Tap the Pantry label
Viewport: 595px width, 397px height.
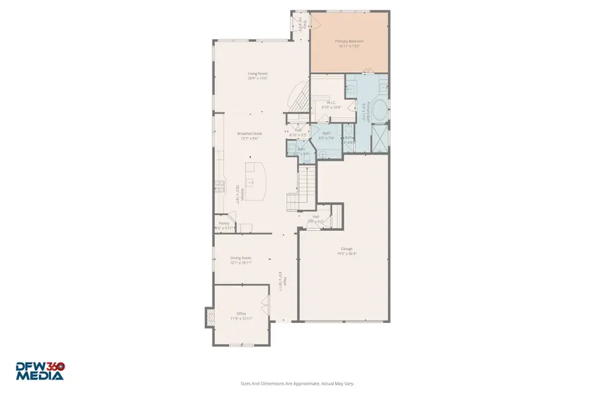pyautogui.click(x=224, y=224)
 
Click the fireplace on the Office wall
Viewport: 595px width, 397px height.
pyautogui.click(x=210, y=317)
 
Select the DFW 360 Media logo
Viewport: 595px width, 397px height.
pyautogui.click(x=40, y=371)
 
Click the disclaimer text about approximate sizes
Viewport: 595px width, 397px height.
pyautogui.click(x=297, y=382)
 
